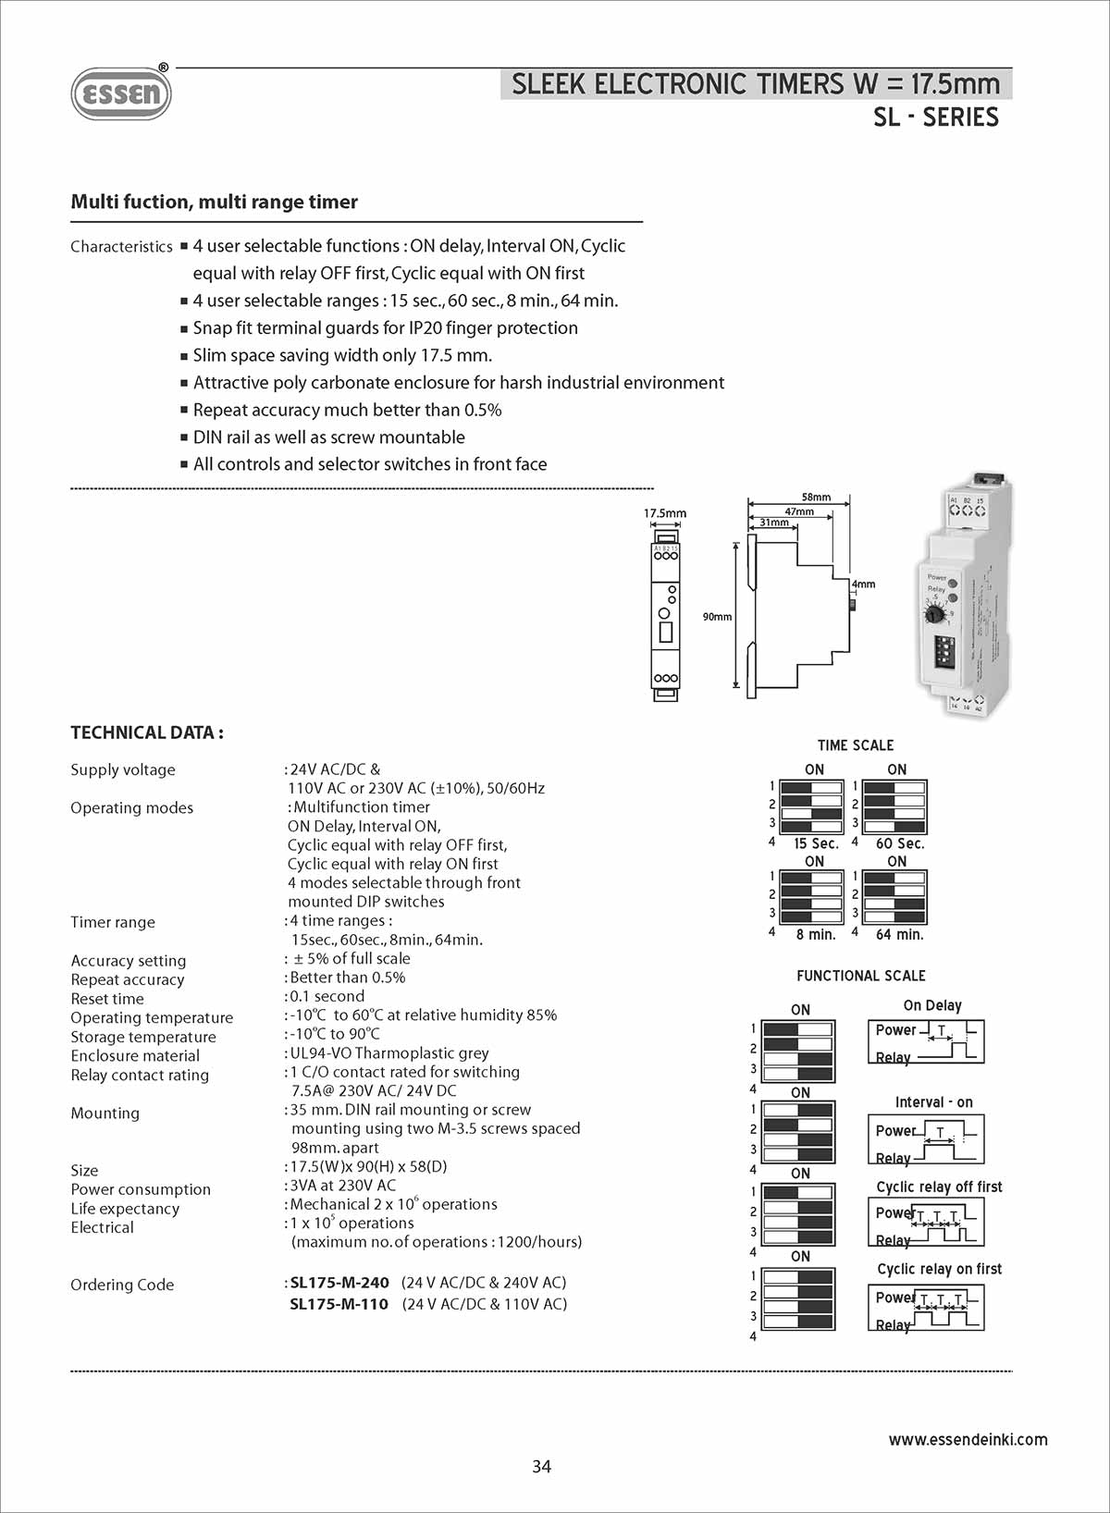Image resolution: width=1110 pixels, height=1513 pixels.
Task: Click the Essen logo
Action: coord(121,93)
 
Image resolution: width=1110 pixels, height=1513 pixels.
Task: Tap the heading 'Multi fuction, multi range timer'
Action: coord(214,202)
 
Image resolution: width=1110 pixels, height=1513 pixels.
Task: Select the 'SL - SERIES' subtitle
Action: coord(935,117)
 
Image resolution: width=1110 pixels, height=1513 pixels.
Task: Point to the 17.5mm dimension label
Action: coord(665,513)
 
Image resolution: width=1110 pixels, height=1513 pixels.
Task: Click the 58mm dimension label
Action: coord(816,497)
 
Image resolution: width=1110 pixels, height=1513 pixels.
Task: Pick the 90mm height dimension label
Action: coord(717,617)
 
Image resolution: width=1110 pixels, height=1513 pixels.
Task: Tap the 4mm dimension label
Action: coord(864,584)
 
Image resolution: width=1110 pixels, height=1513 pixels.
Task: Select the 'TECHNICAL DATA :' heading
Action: coord(147,732)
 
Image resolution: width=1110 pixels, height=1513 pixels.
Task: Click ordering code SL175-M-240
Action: coord(339,1283)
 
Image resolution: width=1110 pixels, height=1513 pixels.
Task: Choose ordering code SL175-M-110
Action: coord(339,1304)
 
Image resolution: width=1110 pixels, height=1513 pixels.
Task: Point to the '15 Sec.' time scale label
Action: coord(816,843)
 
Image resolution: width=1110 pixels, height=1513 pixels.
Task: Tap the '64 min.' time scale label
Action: coord(899,934)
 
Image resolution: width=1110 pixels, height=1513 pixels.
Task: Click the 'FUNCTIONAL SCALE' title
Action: coord(860,976)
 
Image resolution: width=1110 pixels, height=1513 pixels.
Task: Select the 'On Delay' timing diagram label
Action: coord(932,1005)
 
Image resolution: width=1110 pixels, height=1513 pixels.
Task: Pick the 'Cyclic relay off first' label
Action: coord(939,1187)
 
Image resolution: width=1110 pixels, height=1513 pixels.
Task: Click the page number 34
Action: coord(542,1466)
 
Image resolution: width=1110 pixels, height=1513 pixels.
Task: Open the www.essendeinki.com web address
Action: coord(968,1439)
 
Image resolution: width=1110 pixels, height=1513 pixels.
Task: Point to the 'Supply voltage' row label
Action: coord(123,769)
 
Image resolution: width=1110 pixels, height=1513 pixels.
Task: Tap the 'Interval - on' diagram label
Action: coord(933,1102)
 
